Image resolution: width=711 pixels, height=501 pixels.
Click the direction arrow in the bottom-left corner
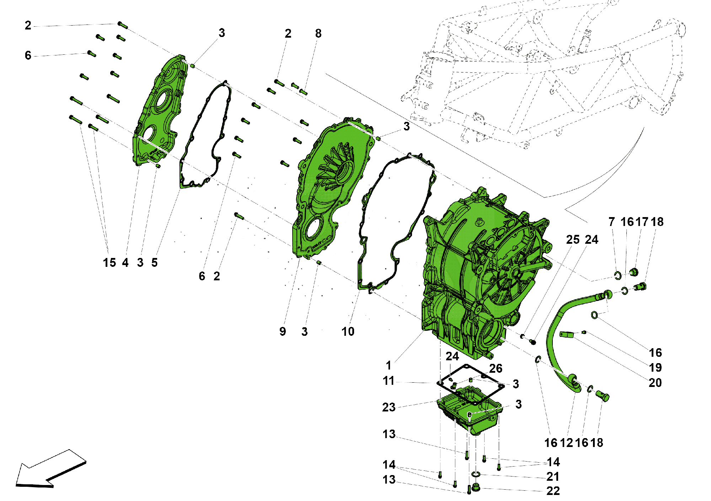point(50,469)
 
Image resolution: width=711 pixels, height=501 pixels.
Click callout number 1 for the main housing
point(389,365)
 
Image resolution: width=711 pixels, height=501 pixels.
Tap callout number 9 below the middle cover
point(283,332)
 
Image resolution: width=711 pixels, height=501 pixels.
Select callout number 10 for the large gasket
point(348,332)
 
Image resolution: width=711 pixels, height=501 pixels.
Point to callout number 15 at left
point(109,263)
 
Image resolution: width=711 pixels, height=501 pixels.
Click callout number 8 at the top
point(318,33)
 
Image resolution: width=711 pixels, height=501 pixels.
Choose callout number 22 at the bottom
point(553,491)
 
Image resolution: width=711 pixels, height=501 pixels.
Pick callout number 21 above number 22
point(553,476)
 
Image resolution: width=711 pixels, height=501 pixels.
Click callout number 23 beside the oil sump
point(389,407)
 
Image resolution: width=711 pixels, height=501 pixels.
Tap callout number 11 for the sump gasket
point(389,381)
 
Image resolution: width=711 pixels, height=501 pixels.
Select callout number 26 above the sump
point(496,368)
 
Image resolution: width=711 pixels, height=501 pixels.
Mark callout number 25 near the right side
point(573,239)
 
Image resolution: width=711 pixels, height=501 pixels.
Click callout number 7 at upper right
point(611,222)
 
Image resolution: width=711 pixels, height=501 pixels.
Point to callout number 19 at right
point(655,367)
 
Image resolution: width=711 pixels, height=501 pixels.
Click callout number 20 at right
point(655,383)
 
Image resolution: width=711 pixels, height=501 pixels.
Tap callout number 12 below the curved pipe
point(566,443)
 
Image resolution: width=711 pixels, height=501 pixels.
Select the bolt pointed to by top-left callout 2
point(123,25)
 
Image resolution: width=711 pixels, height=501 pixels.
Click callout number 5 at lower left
point(154,263)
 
